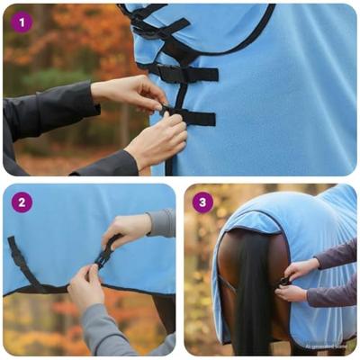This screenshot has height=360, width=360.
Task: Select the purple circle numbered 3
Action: pos(202,202)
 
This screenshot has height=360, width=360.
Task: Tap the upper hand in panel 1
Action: pos(130,92)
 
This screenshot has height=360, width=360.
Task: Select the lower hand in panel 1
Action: pos(155,141)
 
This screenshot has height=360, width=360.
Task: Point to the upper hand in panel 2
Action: pos(126,230)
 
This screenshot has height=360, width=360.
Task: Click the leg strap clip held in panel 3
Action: pos(283,282)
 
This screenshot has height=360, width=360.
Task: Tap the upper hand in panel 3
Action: pos(301,268)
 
